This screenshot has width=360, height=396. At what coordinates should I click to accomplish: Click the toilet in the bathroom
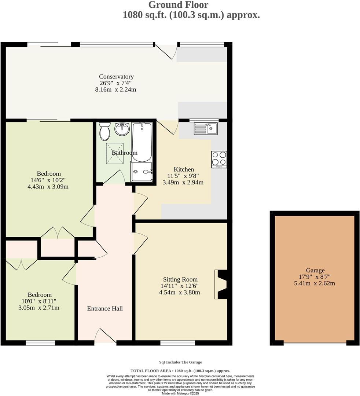105,131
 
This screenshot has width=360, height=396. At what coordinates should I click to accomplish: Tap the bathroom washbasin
122,129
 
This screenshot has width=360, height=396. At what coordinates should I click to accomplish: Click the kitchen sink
206,128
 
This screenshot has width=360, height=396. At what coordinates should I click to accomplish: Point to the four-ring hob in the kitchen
219,159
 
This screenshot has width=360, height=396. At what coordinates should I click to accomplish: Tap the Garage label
315,271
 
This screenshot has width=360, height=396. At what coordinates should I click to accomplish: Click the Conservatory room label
117,77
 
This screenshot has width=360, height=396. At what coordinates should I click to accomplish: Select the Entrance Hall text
105,308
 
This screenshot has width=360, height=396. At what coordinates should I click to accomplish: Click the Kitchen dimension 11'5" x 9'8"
184,176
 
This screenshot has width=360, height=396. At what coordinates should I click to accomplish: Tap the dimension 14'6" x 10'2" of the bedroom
49,180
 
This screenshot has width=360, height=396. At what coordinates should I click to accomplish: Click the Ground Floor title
178,5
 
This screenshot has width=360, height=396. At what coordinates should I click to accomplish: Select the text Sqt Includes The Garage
180,362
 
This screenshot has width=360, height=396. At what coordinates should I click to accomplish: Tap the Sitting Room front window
177,343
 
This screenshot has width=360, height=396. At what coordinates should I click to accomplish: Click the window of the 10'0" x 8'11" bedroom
40,343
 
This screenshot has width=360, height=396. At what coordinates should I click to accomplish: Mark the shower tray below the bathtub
142,172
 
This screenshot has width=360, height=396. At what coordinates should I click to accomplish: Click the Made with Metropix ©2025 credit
180,393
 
